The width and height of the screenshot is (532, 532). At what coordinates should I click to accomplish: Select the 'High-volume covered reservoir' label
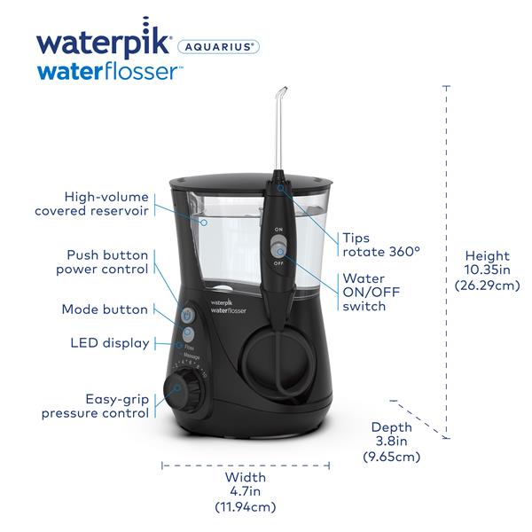[91, 203]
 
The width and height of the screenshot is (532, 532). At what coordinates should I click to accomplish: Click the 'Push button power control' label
[102, 262]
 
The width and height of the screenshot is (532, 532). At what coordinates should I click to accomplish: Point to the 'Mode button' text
[105, 309]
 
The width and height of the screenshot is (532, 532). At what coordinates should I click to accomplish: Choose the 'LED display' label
[109, 343]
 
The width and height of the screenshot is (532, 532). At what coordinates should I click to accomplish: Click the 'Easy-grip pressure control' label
[95, 405]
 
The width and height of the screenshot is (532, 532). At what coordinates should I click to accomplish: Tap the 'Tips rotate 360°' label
[380, 244]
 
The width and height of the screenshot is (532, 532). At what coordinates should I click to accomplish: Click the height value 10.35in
[487, 269]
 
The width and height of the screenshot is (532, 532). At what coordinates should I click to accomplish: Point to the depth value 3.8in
[390, 442]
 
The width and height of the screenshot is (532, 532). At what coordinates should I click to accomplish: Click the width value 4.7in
[245, 492]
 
